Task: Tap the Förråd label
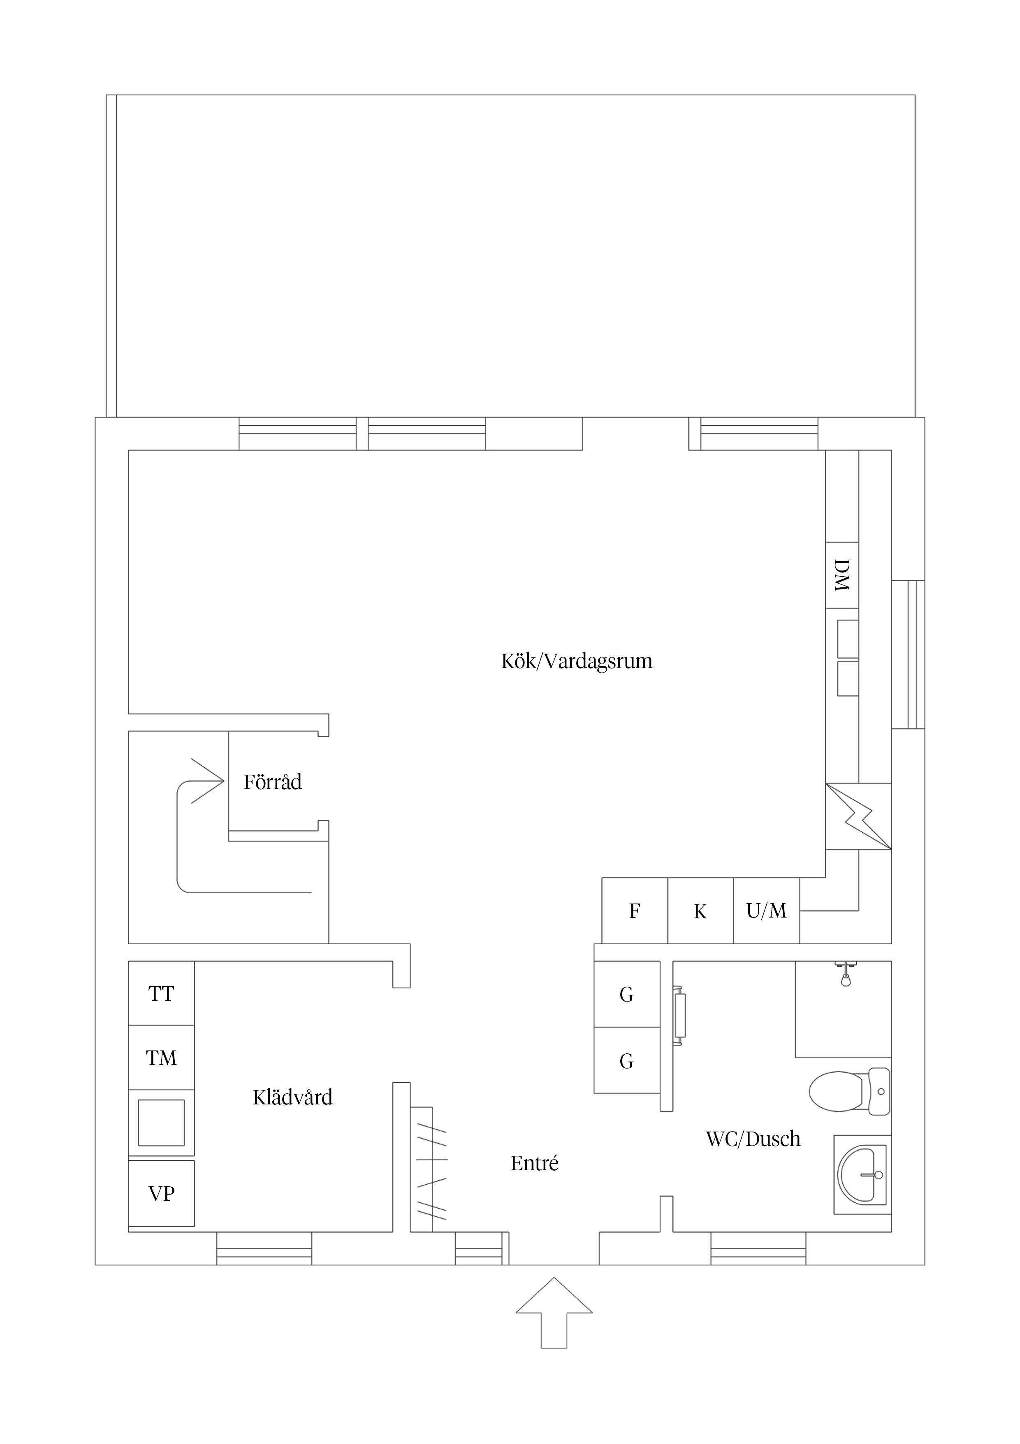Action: point(273,782)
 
